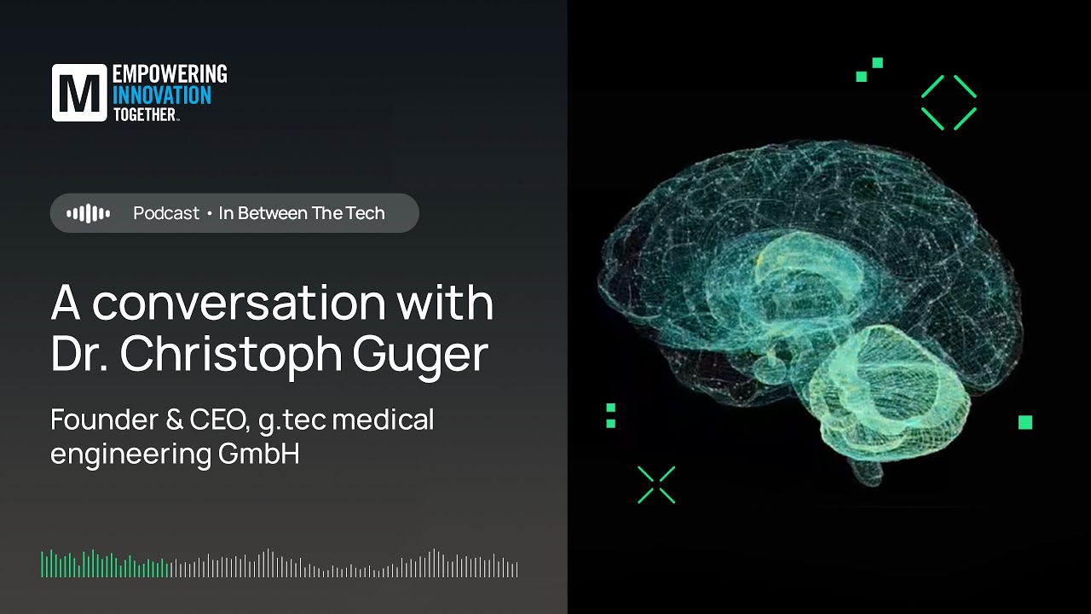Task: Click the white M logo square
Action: coord(79,92)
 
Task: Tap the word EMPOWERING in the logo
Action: coord(170,74)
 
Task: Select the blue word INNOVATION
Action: coord(162,95)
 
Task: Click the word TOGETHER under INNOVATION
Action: coord(145,114)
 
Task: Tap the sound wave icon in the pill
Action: coord(88,213)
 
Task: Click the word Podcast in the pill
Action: coord(166,213)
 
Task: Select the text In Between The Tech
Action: coord(302,213)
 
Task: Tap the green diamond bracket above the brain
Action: coord(949,102)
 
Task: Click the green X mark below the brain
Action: coord(656,484)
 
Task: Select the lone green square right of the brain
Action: coord(1025,422)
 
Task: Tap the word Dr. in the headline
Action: coord(80,354)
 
